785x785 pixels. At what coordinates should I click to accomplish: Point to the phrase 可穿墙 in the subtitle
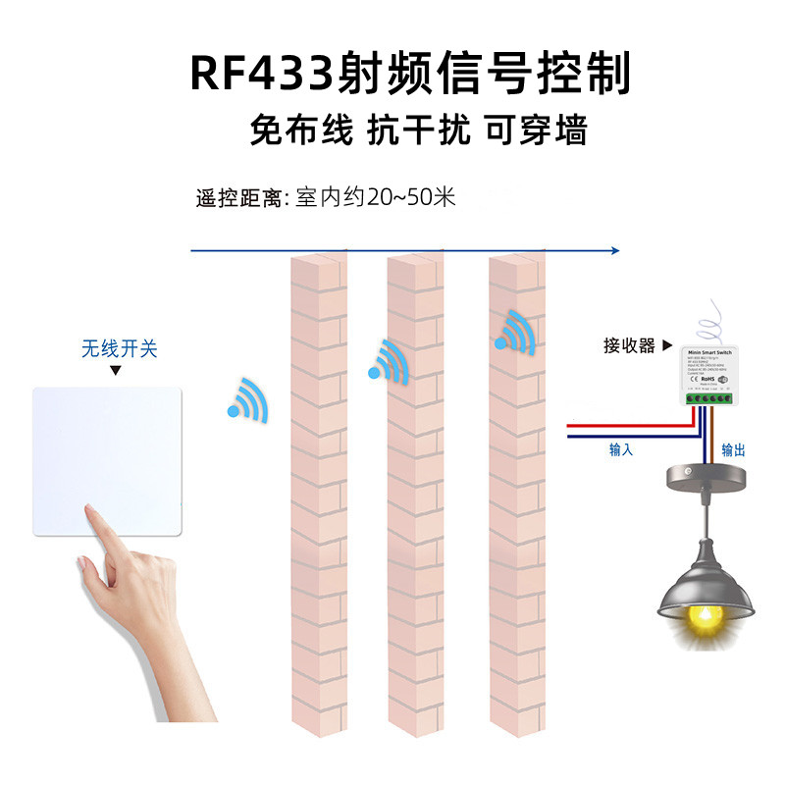(536, 130)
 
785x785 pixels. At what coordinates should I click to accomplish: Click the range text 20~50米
(411, 197)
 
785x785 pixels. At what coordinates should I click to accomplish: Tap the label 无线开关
(119, 348)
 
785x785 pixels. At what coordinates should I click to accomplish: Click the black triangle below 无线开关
(115, 371)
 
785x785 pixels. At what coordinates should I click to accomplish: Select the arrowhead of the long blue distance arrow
(614, 251)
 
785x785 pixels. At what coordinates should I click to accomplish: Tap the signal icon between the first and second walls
(388, 362)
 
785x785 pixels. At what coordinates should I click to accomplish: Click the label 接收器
(629, 345)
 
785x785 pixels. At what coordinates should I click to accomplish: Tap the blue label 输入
(621, 450)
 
